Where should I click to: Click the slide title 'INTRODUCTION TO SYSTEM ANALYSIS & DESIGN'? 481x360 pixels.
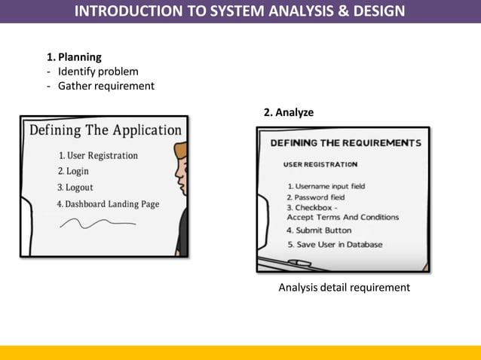click(240, 11)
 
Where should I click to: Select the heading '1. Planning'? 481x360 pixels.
click(74, 56)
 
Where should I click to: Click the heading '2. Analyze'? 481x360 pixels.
click(289, 112)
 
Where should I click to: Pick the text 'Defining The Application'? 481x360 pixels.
click(106, 130)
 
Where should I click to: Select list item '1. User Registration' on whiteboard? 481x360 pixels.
click(98, 156)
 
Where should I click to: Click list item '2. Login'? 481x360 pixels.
click(73, 172)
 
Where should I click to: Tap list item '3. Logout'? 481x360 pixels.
click(75, 188)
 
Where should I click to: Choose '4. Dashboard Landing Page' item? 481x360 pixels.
click(108, 204)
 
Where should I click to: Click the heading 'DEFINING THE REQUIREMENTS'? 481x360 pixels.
click(345, 143)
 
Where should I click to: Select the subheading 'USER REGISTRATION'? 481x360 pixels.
click(320, 164)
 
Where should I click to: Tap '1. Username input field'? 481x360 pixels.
click(326, 186)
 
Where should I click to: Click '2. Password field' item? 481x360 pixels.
click(315, 197)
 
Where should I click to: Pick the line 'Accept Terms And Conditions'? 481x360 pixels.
click(343, 218)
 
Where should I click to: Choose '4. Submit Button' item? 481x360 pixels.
click(319, 230)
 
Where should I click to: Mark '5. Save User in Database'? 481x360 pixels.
click(335, 245)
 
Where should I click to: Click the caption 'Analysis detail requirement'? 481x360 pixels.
click(344, 288)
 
